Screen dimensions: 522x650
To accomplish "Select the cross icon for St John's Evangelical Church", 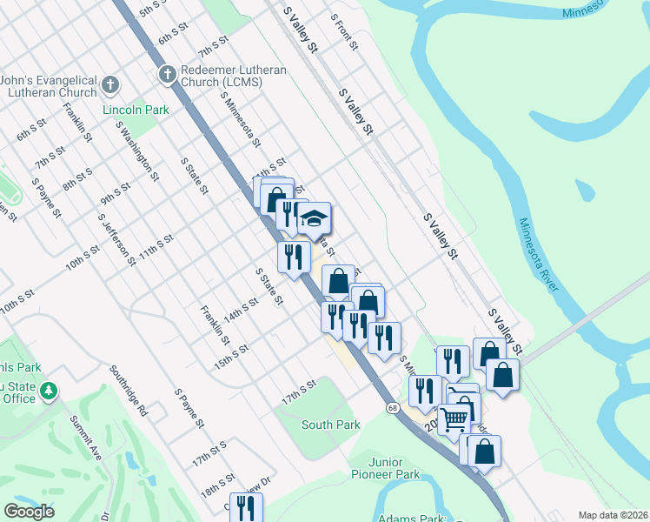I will click(109, 84).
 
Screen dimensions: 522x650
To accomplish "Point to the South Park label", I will click(330, 425).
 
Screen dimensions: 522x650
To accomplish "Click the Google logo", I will click(29, 511).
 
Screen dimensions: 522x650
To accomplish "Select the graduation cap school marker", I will click(315, 218).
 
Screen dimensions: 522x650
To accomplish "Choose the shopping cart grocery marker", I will click(454, 419).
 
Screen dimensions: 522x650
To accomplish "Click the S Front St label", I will click(345, 31).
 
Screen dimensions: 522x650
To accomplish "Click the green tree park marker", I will click(50, 389).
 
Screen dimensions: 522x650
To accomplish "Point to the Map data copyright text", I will click(614, 515).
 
